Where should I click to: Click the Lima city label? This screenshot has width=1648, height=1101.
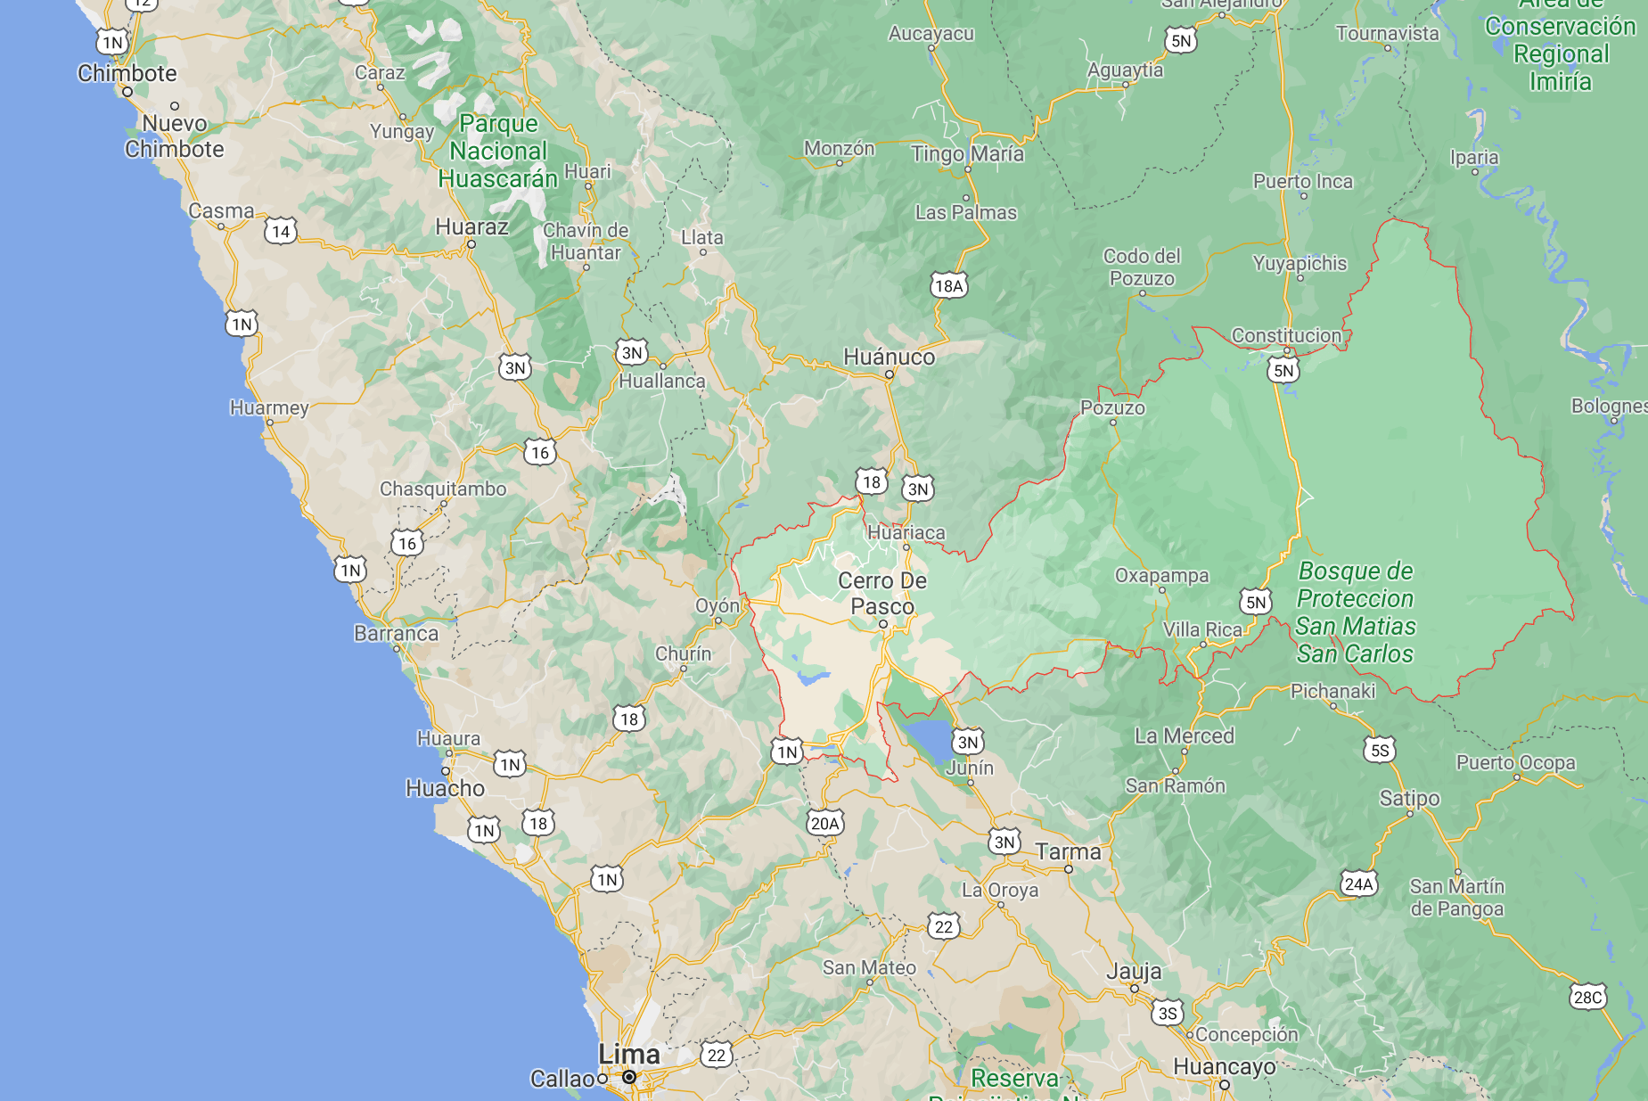[629, 1055]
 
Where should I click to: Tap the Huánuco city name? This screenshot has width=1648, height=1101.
[889, 357]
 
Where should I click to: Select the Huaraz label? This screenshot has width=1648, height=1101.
[471, 227]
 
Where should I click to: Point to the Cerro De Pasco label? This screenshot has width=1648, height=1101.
[882, 594]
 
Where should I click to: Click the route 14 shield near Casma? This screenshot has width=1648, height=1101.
[281, 232]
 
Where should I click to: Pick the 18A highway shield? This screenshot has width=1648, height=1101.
[949, 286]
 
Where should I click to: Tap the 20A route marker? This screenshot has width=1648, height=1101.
[824, 824]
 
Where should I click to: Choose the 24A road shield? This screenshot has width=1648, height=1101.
[1358, 884]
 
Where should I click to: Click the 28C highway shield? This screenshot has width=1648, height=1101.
[1587, 998]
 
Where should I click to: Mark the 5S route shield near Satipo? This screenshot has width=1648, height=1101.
[1380, 751]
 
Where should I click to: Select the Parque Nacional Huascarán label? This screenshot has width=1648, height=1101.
[498, 152]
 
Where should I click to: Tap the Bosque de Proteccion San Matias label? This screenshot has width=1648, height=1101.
[1355, 612]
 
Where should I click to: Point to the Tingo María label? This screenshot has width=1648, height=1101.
[967, 154]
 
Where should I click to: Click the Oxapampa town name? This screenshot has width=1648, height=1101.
[1161, 576]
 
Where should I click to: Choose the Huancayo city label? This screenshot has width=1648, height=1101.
[1224, 1067]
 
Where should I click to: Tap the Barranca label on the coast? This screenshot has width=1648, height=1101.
[396, 634]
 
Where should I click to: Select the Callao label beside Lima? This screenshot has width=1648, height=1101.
[562, 1080]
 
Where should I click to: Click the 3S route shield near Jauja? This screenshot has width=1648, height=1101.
[1168, 1014]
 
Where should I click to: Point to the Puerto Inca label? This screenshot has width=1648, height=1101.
[1302, 182]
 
